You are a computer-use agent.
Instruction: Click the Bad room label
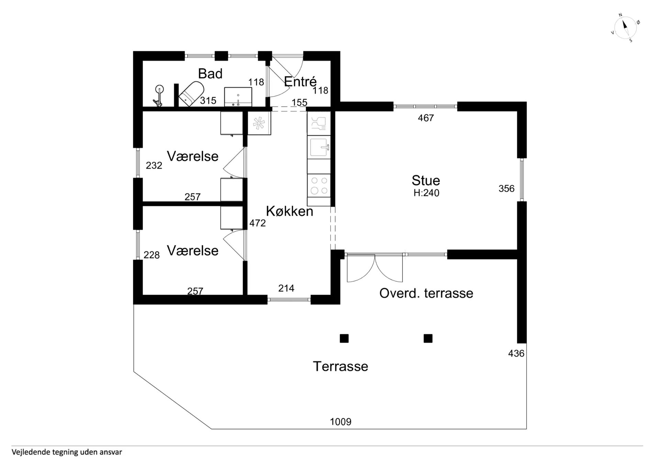click(210, 73)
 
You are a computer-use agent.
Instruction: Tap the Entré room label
click(300, 81)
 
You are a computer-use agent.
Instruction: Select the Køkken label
click(289, 211)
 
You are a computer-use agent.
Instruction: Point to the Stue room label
click(426, 180)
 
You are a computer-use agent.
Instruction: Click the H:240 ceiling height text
click(426, 193)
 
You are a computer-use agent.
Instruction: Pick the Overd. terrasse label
click(426, 293)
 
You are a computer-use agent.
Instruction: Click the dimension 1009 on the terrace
click(341, 422)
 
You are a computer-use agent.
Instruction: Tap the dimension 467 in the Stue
click(426, 118)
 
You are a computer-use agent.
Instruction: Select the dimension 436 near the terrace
click(516, 353)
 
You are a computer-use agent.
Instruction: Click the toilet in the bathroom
click(191, 93)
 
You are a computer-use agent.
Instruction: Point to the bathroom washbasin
click(238, 97)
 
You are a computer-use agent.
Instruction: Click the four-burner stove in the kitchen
click(319, 185)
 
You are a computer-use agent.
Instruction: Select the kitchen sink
click(319, 147)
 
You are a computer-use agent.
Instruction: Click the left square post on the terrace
click(344, 339)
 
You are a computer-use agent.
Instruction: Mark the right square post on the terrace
click(428, 339)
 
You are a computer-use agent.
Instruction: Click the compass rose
click(625, 28)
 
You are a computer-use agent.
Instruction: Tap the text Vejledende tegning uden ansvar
click(67, 452)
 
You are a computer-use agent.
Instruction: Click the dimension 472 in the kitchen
click(257, 223)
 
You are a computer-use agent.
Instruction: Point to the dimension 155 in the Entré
click(299, 102)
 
